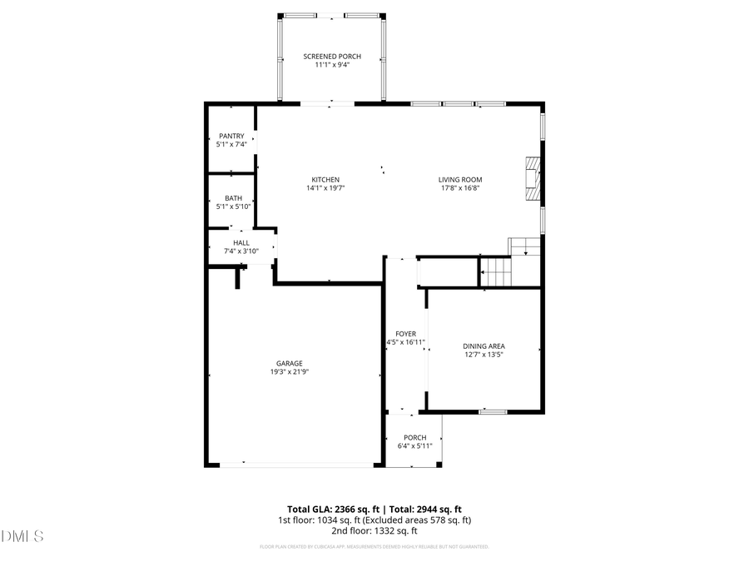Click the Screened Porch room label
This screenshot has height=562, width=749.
point(332,57)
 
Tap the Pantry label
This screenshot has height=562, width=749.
point(231,136)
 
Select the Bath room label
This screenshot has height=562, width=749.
point(233,198)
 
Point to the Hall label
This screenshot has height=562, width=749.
point(241,242)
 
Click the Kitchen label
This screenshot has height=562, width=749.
point(325,180)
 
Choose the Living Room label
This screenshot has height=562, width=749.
point(460,180)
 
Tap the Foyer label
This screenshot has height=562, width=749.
point(406,334)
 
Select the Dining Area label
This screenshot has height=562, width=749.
point(484,346)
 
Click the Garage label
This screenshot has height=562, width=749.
point(290,363)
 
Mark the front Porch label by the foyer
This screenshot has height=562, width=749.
point(414,438)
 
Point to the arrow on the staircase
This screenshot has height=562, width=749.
point(484,271)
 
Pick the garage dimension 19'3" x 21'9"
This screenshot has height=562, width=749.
point(290,372)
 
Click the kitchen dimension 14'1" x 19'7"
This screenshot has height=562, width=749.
point(325,188)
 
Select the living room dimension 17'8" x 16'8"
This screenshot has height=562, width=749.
point(460,188)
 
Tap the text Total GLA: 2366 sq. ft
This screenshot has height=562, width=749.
point(333,509)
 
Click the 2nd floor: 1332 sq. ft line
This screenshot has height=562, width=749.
point(374,530)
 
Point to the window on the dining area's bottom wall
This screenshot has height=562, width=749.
point(494,411)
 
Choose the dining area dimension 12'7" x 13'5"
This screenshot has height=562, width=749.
point(484,355)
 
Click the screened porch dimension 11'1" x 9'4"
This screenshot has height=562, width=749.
point(332,65)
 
